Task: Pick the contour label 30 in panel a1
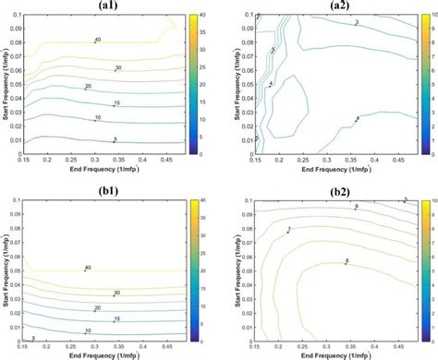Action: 117,68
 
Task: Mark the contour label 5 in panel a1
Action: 115,139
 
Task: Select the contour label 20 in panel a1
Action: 88,86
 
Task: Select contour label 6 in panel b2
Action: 356,205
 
